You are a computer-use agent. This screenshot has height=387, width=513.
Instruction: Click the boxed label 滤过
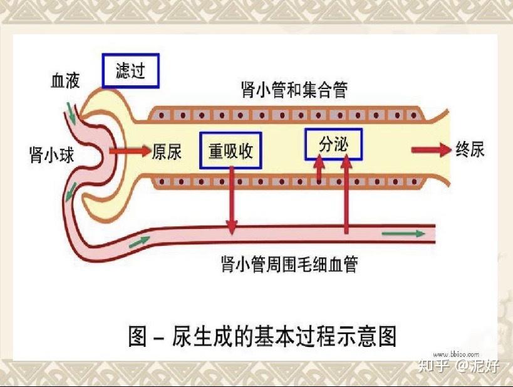pos(130,70)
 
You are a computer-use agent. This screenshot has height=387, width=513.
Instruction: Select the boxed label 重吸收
pos(231,151)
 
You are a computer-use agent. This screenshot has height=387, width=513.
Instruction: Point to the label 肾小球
pos(51,154)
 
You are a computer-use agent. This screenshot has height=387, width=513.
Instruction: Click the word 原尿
pos(167,151)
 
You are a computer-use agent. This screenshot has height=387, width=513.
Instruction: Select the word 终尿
pos(470,150)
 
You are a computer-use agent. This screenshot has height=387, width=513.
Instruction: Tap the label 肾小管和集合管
pos(294,90)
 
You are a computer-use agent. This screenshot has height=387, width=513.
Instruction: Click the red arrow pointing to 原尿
pos(130,151)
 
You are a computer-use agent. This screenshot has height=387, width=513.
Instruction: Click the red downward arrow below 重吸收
pos(232,201)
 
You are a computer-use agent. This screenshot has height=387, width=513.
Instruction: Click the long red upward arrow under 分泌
pos(346,194)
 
